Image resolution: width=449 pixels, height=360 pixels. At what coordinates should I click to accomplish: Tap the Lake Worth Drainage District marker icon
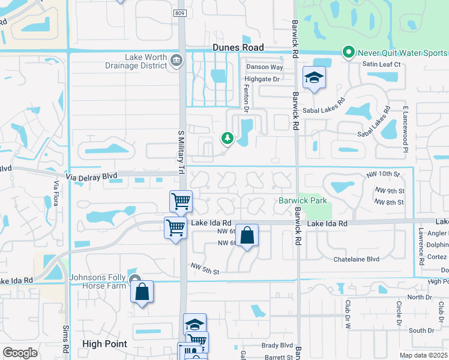(177, 60)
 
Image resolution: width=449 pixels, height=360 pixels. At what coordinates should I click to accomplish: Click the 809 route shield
(182, 13)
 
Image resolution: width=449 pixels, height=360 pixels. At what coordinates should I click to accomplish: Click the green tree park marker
(228, 139)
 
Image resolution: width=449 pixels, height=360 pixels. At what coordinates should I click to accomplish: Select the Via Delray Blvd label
(91, 177)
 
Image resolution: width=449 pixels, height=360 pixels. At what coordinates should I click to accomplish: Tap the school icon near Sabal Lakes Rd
(314, 78)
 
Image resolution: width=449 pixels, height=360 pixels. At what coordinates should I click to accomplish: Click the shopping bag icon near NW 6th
(247, 236)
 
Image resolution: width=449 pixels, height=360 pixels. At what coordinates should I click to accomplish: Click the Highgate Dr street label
(262, 79)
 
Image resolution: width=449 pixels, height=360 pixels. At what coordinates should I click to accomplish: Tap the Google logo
(20, 352)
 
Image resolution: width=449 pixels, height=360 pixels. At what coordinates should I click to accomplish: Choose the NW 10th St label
(383, 174)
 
